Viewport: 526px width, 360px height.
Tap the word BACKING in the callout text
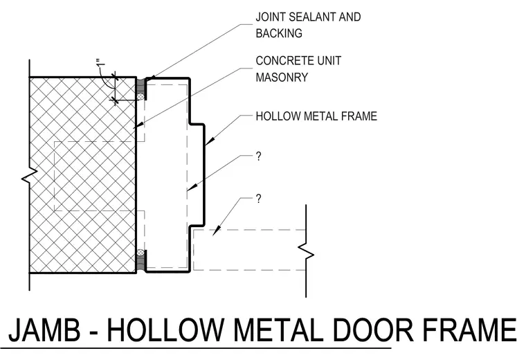[x=279, y=33]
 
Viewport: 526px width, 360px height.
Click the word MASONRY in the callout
[x=282, y=77]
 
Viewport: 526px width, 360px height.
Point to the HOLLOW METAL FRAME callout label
[x=316, y=116]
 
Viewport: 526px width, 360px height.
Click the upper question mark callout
[x=258, y=156]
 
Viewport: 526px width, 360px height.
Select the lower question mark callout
[x=258, y=199]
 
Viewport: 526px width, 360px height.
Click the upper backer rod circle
[x=141, y=97]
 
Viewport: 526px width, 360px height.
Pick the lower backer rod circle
[x=141, y=253]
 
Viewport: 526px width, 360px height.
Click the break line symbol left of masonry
[x=30, y=175]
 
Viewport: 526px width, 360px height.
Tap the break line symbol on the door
[x=306, y=251]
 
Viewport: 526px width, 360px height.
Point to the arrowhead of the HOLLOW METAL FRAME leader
[x=209, y=142]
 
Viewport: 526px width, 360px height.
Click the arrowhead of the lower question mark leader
[x=217, y=231]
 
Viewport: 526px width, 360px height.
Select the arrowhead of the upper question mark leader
[x=191, y=188]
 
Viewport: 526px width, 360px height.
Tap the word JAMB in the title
[x=44, y=330]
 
